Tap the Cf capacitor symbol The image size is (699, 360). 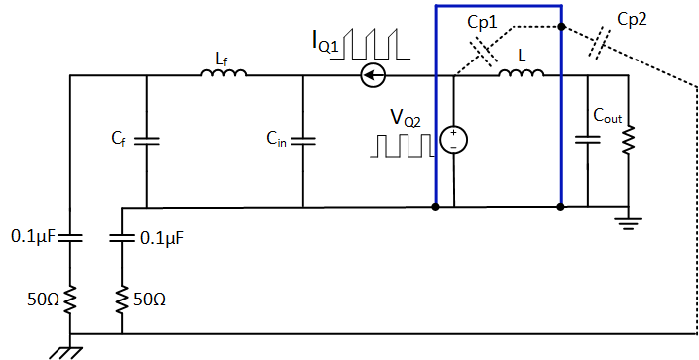pyautogui.click(x=146, y=141)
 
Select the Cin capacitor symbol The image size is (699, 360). pyautogui.click(x=302, y=141)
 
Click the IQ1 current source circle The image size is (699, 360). pyautogui.click(x=373, y=73)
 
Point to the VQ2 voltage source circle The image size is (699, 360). pyautogui.click(x=453, y=141)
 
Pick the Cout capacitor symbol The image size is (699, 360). pyautogui.click(x=588, y=141)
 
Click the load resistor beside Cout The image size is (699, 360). pyautogui.click(x=627, y=141)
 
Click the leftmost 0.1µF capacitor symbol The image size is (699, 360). pyautogui.click(x=71, y=237)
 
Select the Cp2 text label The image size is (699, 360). pyautogui.click(x=633, y=19)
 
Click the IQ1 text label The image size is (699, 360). pyautogui.click(x=328, y=42)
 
